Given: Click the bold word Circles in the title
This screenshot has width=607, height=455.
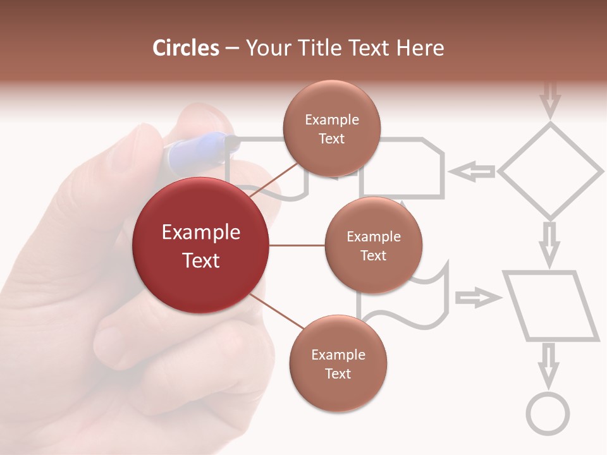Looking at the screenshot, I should coord(186,48).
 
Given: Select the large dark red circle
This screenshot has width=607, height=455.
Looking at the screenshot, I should coord(200,245).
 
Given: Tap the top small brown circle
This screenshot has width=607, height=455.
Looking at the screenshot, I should coord(331,128).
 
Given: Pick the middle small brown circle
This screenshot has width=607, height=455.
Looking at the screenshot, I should coord(373,245).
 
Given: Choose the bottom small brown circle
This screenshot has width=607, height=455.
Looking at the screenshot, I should coord(338,363).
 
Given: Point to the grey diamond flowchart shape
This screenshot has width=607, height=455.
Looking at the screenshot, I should coord(550,171).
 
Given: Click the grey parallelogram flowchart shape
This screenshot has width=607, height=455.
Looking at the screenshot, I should coord(550,306).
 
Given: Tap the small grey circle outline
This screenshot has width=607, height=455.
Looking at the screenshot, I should coord(548,415).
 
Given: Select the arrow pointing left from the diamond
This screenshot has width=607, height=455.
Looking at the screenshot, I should coord(473,171).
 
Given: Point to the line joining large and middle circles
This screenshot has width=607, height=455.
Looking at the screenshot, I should coord(297,245).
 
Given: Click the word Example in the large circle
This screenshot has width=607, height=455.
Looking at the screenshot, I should coord(200,233).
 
